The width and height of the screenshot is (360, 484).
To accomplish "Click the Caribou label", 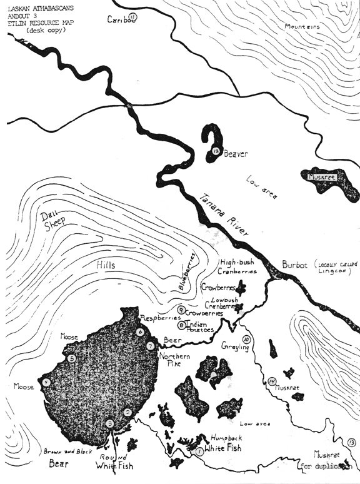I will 121,18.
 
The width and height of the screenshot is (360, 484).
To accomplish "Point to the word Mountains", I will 303,27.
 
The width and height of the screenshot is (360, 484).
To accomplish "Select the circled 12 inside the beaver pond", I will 216,151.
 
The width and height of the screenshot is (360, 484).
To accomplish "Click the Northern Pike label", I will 176,356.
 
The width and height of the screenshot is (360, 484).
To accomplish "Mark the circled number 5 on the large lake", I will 72,358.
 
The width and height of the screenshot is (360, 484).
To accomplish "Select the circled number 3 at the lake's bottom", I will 110,424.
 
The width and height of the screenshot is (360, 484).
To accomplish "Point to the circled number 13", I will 352,443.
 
